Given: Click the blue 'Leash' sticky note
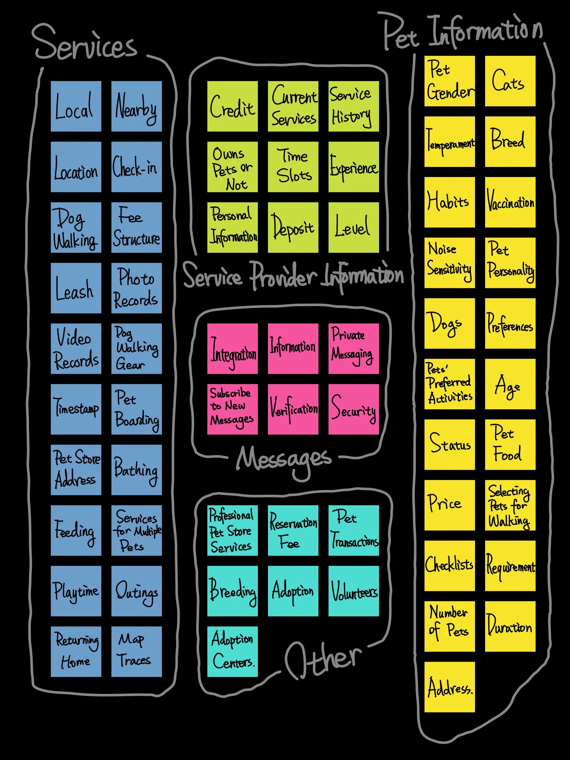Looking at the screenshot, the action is coord(76,288).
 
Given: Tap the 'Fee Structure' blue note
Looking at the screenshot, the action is coord(136,228).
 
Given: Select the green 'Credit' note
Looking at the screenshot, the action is coord(233,106).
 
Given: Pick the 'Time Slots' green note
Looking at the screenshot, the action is coord(293,167).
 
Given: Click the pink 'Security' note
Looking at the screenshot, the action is coord(353,409).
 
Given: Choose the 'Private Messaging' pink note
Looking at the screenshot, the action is coord(353,348).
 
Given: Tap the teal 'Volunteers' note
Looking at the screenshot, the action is coord(353,591).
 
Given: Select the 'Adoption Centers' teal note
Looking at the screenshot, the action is coord(233,651).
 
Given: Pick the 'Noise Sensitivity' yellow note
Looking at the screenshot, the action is coord(450,263).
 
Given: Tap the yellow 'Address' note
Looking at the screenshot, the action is coord(450,687).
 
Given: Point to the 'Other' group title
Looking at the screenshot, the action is coord(323,660).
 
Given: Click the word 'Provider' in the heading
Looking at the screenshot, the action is coord(283,276).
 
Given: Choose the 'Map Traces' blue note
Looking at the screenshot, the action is coord(136,651).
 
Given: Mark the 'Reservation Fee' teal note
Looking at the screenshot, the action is coord(293,531).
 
